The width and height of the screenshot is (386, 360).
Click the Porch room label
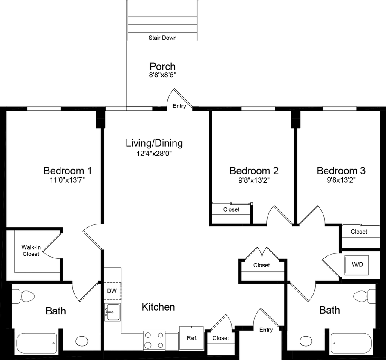162,67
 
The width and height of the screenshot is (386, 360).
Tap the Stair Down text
162,38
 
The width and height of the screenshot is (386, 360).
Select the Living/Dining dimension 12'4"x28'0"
154,153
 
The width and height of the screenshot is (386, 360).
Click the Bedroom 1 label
67,171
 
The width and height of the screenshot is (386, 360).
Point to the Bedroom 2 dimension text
253,180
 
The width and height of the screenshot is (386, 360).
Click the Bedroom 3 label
341,171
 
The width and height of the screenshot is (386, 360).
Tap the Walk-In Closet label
31,250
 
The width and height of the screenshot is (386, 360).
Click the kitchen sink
113,312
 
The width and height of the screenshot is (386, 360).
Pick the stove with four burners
154,340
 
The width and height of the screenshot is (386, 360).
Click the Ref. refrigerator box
192,338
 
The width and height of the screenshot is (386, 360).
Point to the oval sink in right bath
305,341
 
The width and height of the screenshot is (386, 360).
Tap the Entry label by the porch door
179,106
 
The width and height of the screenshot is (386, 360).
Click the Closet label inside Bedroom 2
231,209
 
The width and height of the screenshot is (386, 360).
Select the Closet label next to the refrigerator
221,338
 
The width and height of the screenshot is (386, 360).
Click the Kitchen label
158,307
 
